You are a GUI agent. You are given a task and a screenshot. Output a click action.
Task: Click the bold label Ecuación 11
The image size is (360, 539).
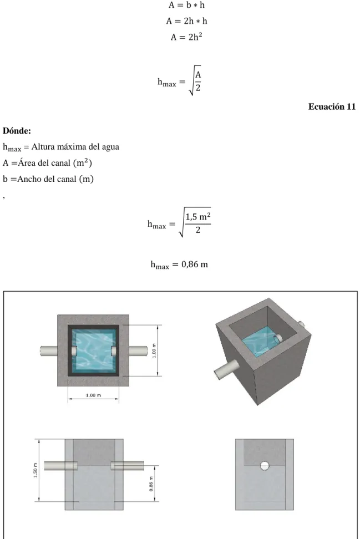[332, 106]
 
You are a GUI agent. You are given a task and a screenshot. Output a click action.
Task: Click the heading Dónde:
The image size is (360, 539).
[17, 131]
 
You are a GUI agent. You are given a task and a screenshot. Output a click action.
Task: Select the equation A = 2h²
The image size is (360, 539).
[186, 37]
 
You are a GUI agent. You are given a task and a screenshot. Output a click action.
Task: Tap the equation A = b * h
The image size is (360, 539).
[186, 5]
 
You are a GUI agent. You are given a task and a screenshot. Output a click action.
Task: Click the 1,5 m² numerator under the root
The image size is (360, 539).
[198, 217]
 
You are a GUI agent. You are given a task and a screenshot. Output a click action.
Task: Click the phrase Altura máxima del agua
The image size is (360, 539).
[75, 147]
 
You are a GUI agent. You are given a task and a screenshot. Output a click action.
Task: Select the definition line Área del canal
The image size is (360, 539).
[48, 162]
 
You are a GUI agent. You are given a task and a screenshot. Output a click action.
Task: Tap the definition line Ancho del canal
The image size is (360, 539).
[48, 179]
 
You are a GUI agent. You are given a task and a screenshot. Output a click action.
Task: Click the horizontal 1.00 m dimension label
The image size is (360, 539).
[93, 395]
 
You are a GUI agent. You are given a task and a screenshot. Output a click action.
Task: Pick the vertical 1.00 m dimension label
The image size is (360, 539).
[154, 350]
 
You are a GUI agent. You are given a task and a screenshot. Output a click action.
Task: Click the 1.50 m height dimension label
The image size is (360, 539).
[36, 470]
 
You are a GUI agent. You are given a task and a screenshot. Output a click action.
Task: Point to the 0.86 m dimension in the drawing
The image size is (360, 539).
[151, 484]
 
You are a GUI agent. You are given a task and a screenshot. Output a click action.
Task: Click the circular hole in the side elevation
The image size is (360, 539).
[265, 466]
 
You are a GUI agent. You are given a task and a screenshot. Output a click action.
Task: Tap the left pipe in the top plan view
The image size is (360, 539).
[49, 351]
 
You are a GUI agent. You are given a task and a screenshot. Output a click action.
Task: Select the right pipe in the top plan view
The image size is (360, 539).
[138, 351]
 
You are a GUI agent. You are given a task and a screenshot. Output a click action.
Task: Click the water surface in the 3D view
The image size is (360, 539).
[258, 344]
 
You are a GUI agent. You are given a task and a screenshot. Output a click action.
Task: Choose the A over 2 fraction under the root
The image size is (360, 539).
[198, 81]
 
